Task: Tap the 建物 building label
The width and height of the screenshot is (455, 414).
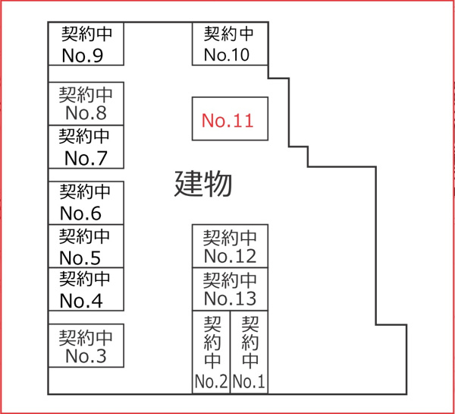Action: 203,183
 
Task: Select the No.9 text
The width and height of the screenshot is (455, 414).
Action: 86,55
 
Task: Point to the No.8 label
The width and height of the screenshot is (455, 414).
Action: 86,113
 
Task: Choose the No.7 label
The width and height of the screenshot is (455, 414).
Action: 86,158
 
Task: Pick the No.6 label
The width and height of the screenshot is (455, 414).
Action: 80,213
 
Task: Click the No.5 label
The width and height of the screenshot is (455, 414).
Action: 80,257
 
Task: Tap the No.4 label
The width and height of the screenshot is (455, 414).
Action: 80,300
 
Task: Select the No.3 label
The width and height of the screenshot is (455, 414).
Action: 86,356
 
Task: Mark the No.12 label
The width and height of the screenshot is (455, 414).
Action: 230,256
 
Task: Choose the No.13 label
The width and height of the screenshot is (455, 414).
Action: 230,298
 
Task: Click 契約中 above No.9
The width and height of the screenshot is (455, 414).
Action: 86,35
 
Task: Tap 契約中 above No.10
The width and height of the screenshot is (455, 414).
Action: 229,34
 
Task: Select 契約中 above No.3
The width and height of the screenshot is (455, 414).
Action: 86,336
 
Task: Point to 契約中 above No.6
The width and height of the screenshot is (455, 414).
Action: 85,191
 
